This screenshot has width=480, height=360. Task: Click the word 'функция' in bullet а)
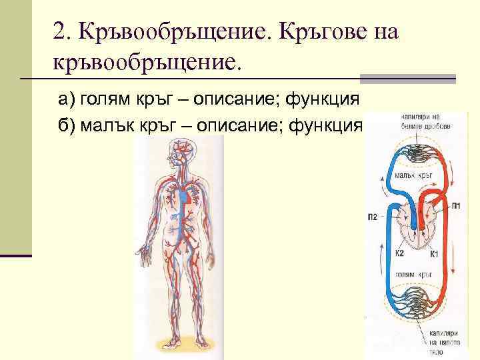(x=323, y=100)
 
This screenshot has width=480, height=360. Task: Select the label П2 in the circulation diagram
(x=372, y=215)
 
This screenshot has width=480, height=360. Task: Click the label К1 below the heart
(x=434, y=253)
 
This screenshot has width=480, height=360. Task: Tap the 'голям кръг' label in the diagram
(x=415, y=273)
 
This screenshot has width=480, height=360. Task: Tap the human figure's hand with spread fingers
(x=145, y=252)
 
